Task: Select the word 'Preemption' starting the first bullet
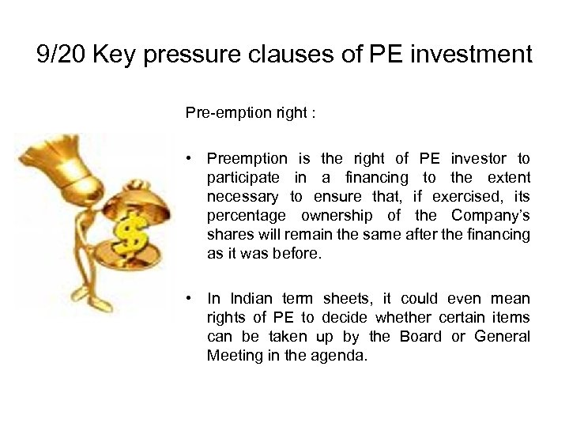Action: [x=247, y=159]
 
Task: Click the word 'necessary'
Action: [x=243, y=197]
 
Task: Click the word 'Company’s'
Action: [x=491, y=216]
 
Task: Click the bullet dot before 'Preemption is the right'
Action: [x=190, y=159]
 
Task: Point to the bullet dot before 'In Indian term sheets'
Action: [x=190, y=299]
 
